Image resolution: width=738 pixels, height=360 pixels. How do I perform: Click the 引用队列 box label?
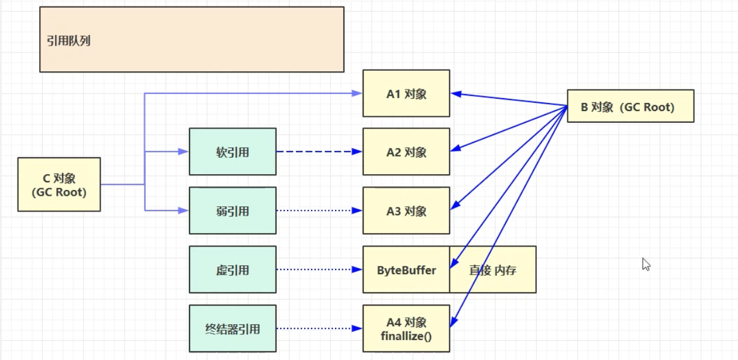pos(69,41)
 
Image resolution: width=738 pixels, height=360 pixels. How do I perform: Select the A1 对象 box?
pos(406,94)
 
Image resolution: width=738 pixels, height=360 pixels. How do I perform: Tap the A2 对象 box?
pos(406,152)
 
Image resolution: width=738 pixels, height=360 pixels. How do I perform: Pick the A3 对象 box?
pos(406,211)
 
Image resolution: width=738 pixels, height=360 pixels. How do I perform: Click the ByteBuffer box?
pos(406,270)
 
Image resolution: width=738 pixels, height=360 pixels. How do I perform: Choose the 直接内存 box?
pos(492,270)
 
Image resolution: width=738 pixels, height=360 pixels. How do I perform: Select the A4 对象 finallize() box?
pos(406,328)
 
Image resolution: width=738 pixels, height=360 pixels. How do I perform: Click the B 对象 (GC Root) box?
pos(630,106)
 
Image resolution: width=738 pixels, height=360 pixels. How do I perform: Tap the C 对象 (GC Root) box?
pos(59,185)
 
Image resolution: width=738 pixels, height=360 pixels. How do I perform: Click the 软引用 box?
pos(232,152)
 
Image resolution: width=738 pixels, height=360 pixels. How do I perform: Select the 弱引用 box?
pos(232,211)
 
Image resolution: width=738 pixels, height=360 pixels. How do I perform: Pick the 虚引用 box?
pos(232,270)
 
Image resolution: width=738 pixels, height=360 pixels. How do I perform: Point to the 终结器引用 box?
pos(232,328)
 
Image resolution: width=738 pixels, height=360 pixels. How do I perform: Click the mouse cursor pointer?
pos(646,264)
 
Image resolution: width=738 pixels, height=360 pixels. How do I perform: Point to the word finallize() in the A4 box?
pos(406,336)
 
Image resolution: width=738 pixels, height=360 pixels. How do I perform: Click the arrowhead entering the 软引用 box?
pos(183,152)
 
